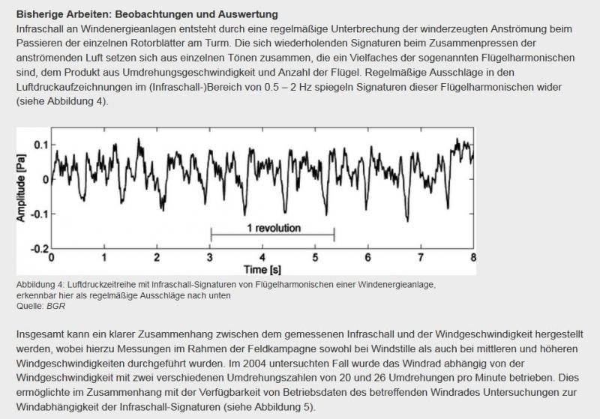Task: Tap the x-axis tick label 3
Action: [210, 258]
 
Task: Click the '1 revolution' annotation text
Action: [273, 228]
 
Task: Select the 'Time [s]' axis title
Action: [262, 268]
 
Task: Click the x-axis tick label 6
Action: [368, 258]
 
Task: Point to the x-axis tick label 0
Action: [52, 258]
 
